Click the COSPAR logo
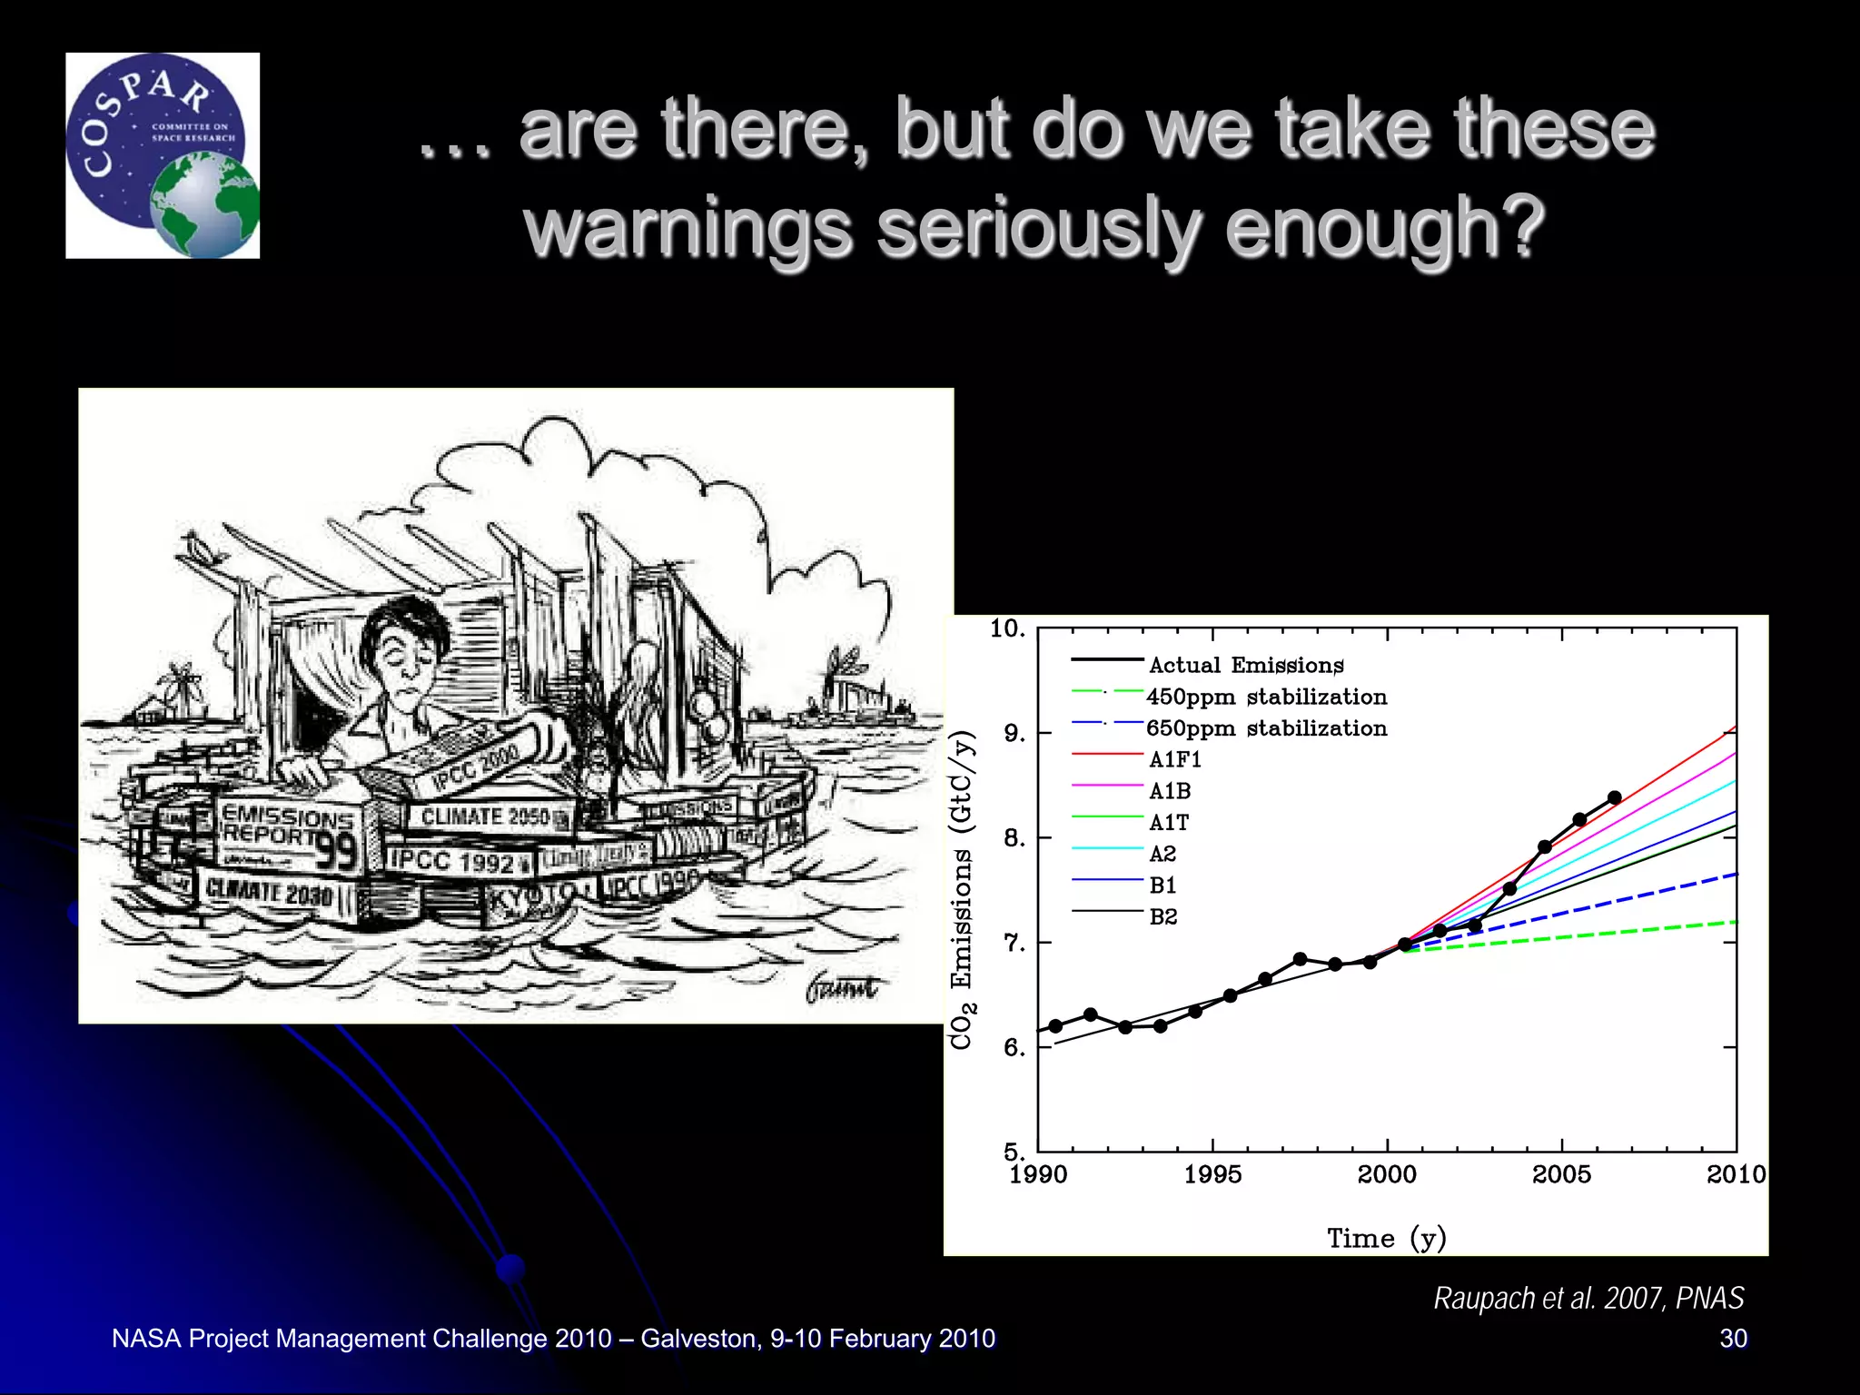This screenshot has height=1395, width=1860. (163, 155)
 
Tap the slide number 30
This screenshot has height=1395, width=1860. (1733, 1338)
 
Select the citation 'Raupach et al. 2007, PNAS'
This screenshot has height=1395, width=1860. (1588, 1298)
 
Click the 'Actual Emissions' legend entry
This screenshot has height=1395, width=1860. (1245, 665)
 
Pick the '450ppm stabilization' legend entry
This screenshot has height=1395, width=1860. (1266, 697)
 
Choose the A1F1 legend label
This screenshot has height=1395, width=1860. (1175, 759)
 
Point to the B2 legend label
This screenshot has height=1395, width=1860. (1163, 916)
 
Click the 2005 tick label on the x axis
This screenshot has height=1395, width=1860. (1561, 1174)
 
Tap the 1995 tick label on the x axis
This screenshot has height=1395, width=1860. (1212, 1174)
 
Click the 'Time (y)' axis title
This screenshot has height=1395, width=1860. (1386, 1239)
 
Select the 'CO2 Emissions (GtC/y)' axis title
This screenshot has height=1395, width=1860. (962, 890)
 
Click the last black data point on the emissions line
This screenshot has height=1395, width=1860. (1614, 797)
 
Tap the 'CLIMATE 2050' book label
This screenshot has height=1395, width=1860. (486, 816)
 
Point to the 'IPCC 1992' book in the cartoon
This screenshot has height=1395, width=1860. (451, 860)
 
